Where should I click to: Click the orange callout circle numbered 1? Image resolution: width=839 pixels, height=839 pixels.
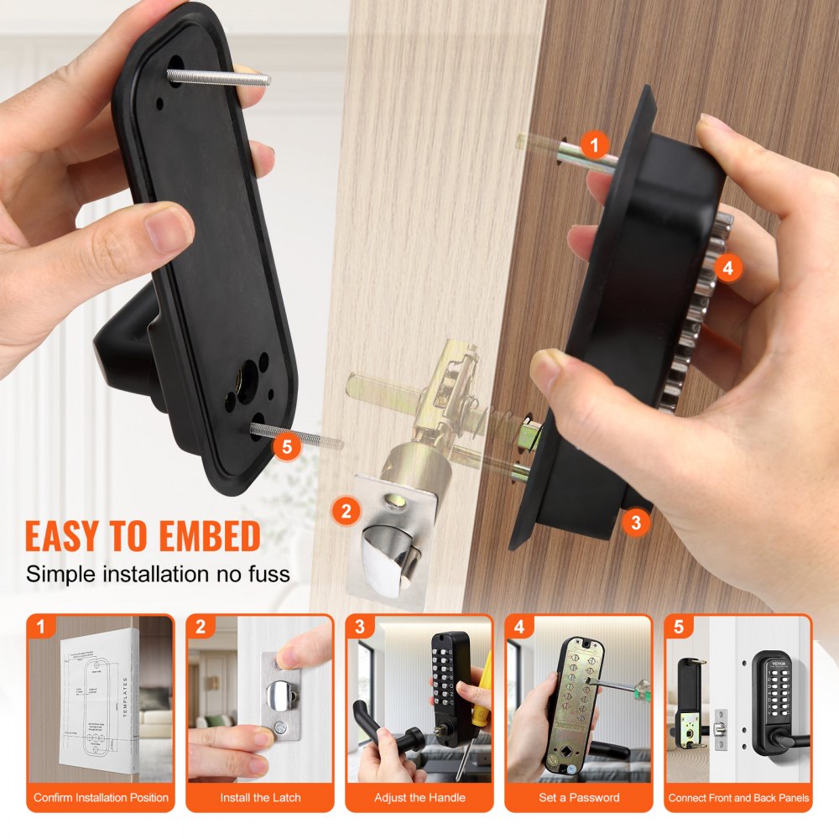595,144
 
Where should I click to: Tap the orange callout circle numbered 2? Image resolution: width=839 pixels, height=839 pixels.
346,510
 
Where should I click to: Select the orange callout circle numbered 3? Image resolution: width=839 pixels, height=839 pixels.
635,523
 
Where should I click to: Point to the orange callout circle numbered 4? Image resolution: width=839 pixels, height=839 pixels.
727,268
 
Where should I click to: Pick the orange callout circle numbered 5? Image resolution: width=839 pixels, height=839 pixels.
286,446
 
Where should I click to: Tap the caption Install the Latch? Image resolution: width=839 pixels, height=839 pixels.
260,797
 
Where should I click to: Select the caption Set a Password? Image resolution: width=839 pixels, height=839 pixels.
579,797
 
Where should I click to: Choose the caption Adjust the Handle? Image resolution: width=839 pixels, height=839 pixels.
419,797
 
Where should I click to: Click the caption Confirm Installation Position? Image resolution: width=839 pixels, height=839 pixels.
101,797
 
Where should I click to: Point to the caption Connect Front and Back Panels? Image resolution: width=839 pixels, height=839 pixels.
738,797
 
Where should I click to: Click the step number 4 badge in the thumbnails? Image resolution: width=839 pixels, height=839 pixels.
519,627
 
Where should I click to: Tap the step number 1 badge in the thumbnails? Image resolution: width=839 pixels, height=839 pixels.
41,627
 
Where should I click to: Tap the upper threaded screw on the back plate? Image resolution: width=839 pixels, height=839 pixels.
218,78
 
